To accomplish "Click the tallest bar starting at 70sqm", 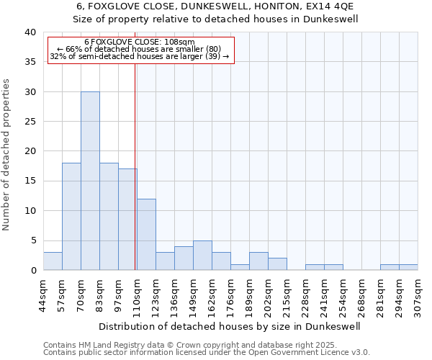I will coord(90,181).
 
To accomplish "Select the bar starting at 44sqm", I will coord(53,261).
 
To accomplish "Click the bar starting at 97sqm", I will coord(127,220).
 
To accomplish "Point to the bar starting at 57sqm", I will coord(71,217).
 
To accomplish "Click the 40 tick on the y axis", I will coord(30,32).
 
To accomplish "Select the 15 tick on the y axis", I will coord(30,181).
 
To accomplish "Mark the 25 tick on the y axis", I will coord(30,122).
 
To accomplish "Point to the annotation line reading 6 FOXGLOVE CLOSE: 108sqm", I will coord(140,42).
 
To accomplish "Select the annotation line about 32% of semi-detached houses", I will coord(140,57).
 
